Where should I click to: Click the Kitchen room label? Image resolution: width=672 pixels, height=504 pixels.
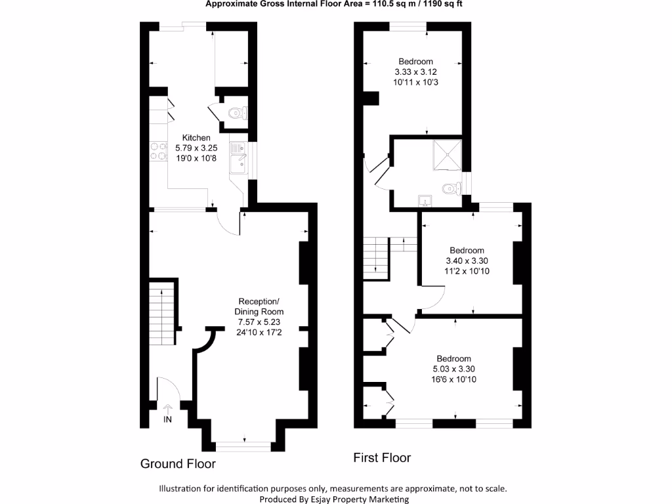click(196, 138)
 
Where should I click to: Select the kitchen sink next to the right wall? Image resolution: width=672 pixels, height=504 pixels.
click(237, 158)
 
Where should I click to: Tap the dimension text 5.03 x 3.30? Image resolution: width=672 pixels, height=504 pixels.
click(453, 369)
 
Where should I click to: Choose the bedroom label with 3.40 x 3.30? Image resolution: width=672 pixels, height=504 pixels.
click(467, 250)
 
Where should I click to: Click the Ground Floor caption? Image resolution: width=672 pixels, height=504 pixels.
click(178, 464)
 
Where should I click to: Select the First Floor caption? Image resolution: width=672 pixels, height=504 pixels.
click(382, 457)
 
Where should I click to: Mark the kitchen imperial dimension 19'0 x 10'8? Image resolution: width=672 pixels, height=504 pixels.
click(196, 157)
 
